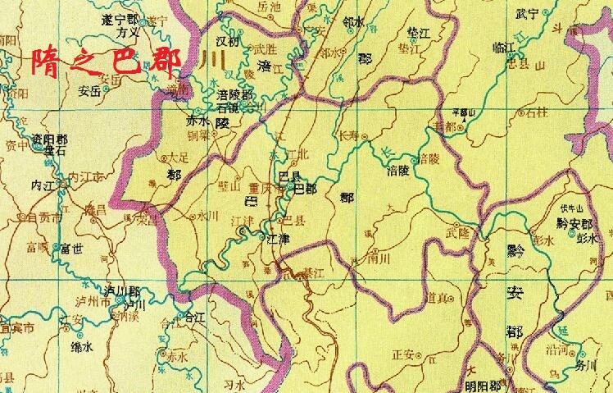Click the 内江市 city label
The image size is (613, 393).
coord(85,176)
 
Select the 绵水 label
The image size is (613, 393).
coord(83,348)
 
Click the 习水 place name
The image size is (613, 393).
coord(235,382)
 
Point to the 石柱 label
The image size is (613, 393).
coord(538,112)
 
